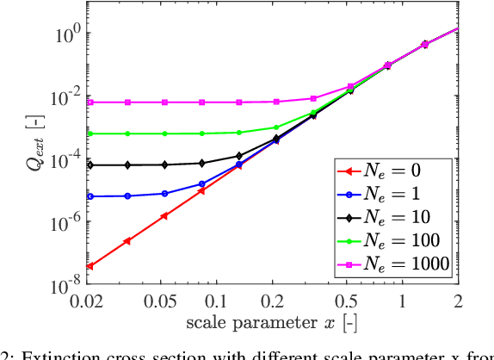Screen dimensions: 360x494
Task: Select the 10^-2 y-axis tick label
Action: click(x=66, y=96)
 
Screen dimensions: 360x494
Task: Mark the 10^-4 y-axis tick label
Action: click(x=66, y=158)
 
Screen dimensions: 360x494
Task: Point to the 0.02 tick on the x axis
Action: click(x=90, y=301)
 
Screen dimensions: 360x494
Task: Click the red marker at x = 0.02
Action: click(x=90, y=267)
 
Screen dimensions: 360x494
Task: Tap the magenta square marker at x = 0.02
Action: click(x=90, y=102)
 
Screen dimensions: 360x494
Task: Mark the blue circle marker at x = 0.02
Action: click(x=90, y=196)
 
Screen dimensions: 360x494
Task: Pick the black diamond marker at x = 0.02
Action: click(x=90, y=165)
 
